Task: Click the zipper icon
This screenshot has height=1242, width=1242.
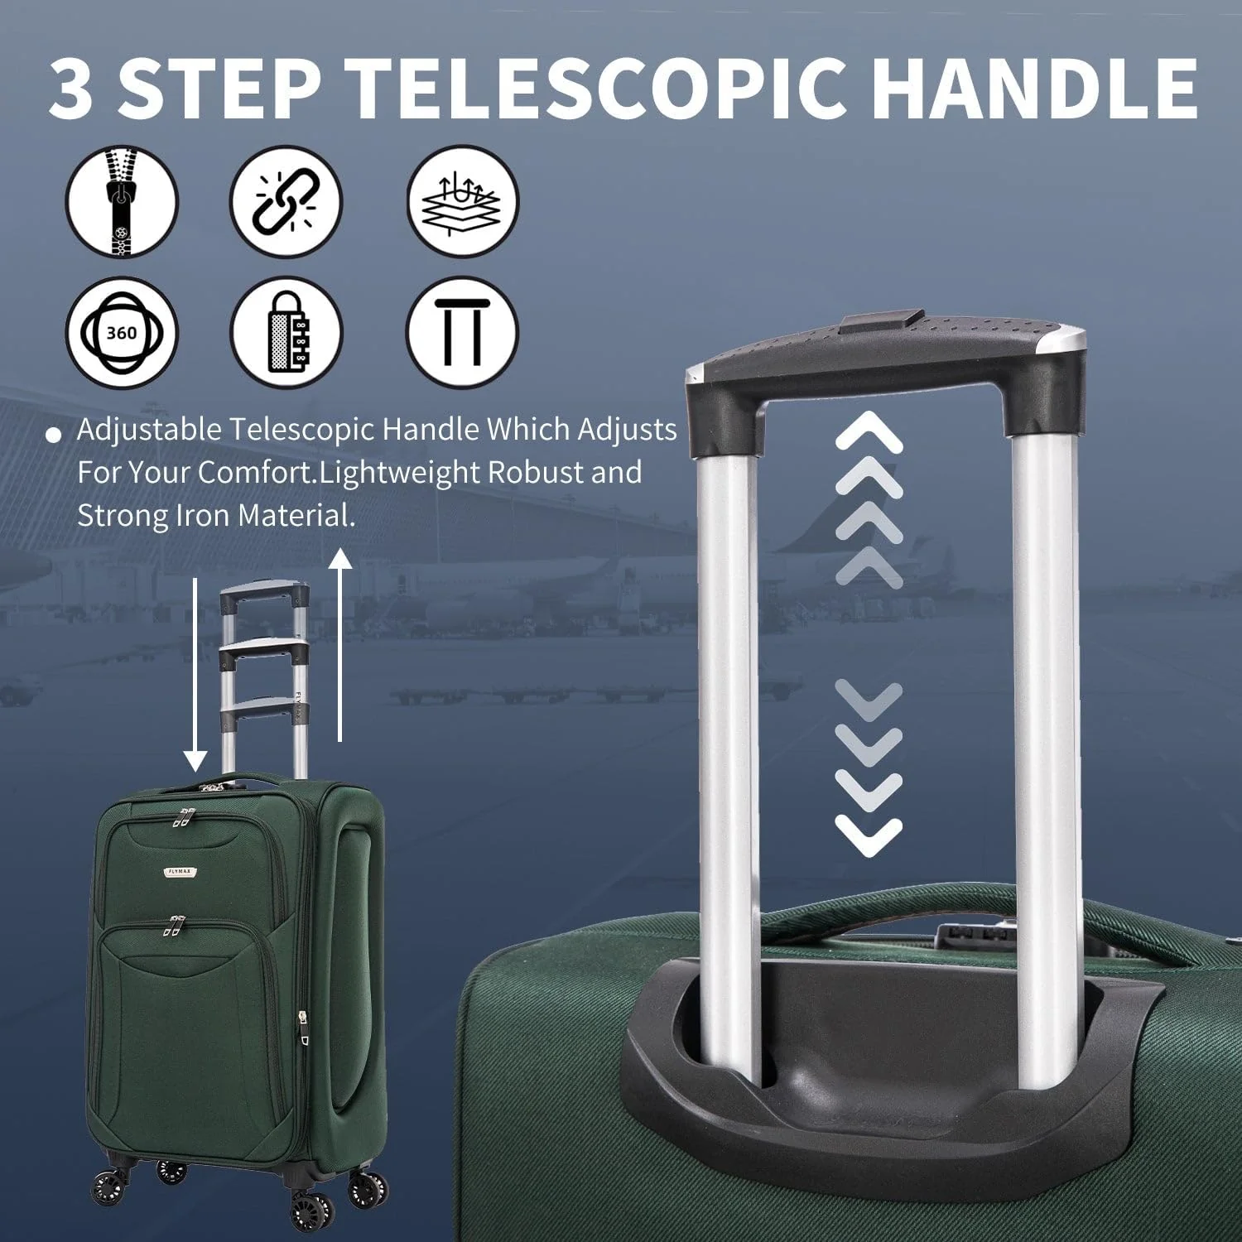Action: point(122,201)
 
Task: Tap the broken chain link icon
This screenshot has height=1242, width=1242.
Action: point(286,201)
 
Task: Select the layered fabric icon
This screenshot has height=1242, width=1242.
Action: point(462,201)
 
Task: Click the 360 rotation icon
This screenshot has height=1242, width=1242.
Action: point(122,333)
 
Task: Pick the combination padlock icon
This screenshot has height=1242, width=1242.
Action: point(286,333)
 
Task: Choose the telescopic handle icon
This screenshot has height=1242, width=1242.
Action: point(462,333)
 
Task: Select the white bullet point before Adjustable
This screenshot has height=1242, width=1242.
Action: point(55,435)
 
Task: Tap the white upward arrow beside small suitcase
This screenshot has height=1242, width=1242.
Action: point(340,646)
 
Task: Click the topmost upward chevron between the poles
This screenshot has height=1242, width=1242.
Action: point(869,431)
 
